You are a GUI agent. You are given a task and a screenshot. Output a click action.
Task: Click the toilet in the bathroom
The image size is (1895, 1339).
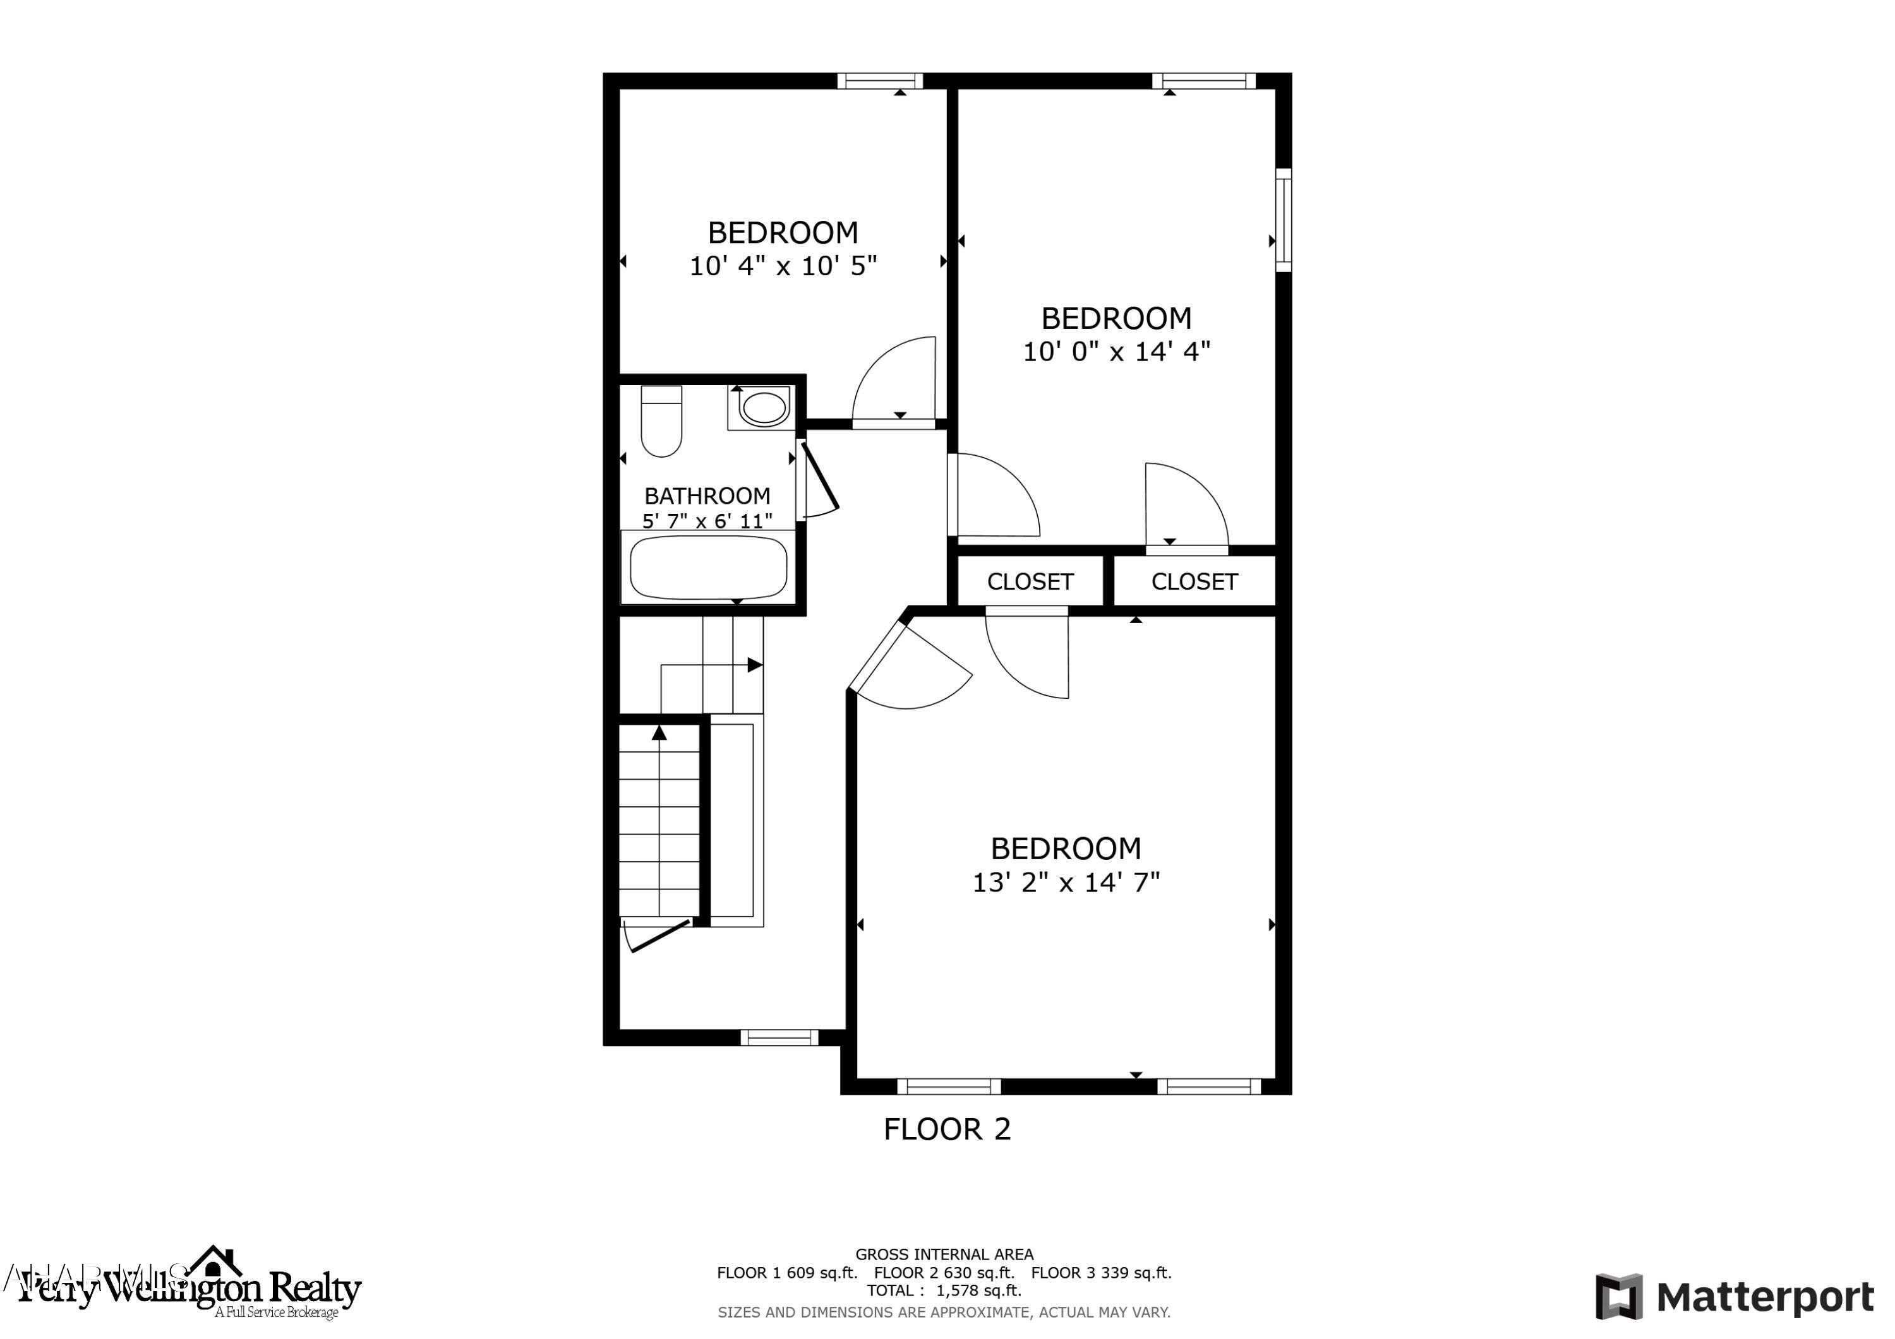click(661, 422)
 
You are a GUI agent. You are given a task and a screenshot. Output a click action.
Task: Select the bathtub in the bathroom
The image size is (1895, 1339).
click(708, 568)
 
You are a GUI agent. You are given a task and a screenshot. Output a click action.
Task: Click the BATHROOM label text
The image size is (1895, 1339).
click(707, 496)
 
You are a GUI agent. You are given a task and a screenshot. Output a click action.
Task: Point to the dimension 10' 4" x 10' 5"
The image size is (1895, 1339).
click(783, 266)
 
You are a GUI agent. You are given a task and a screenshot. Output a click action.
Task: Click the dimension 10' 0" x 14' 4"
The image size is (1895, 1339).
click(1116, 352)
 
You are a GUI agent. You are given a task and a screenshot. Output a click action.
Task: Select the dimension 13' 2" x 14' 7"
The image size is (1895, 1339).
click(1066, 883)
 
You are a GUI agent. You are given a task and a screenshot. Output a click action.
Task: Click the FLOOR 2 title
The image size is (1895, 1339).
click(947, 1129)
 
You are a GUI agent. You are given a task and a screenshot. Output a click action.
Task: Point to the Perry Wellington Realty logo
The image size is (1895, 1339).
click(190, 1288)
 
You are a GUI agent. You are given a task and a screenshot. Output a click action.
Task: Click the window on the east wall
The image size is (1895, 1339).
click(1284, 220)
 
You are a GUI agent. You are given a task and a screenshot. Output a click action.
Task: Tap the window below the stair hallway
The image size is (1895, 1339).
click(778, 1038)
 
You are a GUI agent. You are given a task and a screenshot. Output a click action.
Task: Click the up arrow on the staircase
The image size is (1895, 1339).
click(659, 732)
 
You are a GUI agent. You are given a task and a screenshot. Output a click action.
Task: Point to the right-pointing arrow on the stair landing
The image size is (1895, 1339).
click(754, 665)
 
